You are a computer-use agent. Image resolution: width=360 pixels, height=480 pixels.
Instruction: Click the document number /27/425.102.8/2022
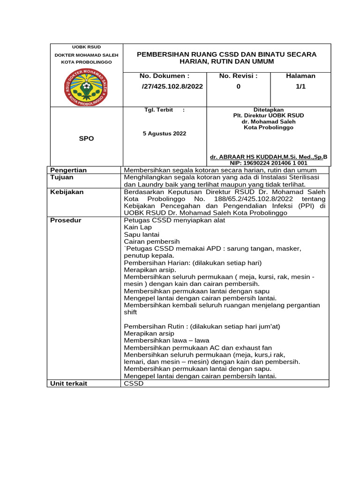172,86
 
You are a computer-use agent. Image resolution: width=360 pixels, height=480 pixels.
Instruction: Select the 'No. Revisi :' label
238,75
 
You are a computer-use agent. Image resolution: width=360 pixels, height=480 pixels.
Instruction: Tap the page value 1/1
300,86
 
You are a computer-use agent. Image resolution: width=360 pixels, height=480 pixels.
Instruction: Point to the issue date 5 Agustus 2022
165,134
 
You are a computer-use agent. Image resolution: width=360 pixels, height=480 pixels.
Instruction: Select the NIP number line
269,163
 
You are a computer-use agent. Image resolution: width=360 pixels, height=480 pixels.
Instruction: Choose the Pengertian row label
68,170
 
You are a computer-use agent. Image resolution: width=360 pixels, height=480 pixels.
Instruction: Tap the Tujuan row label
62,178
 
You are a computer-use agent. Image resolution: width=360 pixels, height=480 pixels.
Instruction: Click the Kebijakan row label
67,192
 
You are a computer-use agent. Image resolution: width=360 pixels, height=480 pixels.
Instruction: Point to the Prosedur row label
66,220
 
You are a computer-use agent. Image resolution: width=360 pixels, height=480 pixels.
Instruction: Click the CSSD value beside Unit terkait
134,383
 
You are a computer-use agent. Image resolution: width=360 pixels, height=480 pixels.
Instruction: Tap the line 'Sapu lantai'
141,234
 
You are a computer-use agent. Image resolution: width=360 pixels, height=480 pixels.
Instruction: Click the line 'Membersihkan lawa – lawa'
166,340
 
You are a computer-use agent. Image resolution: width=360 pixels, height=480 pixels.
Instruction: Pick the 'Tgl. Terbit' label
157,110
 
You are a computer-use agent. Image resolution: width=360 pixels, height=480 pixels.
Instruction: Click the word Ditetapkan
269,110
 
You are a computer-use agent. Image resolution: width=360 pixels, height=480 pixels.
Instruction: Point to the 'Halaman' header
300,75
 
